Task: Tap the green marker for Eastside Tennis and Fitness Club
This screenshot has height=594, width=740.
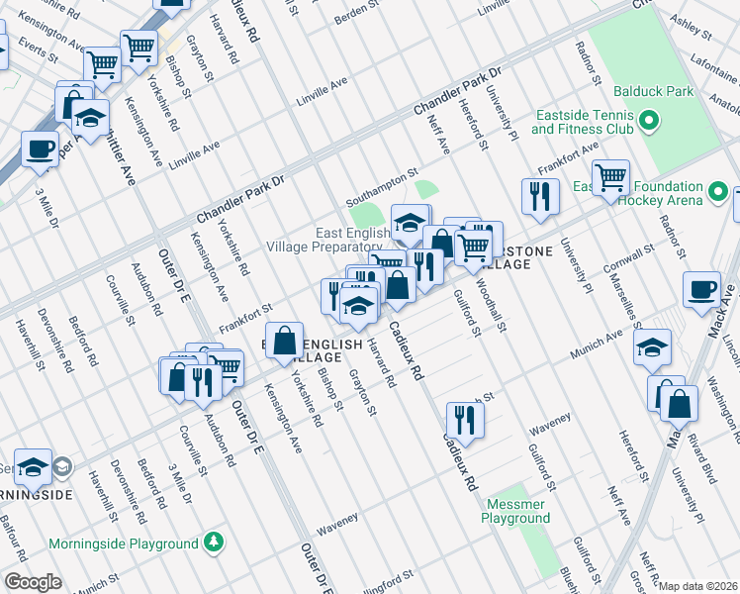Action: [649, 122]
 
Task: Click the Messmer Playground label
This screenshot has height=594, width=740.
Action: [516, 511]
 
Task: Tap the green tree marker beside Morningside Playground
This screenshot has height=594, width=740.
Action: [213, 544]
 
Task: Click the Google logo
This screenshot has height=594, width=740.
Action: [33, 582]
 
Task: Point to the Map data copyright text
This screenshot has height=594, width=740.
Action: [698, 586]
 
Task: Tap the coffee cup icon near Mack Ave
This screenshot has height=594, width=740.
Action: [701, 288]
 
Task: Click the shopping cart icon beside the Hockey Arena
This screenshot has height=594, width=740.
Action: [610, 177]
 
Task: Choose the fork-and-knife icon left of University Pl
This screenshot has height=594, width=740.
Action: [539, 195]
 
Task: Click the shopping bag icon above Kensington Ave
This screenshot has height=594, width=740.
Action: [285, 340]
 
